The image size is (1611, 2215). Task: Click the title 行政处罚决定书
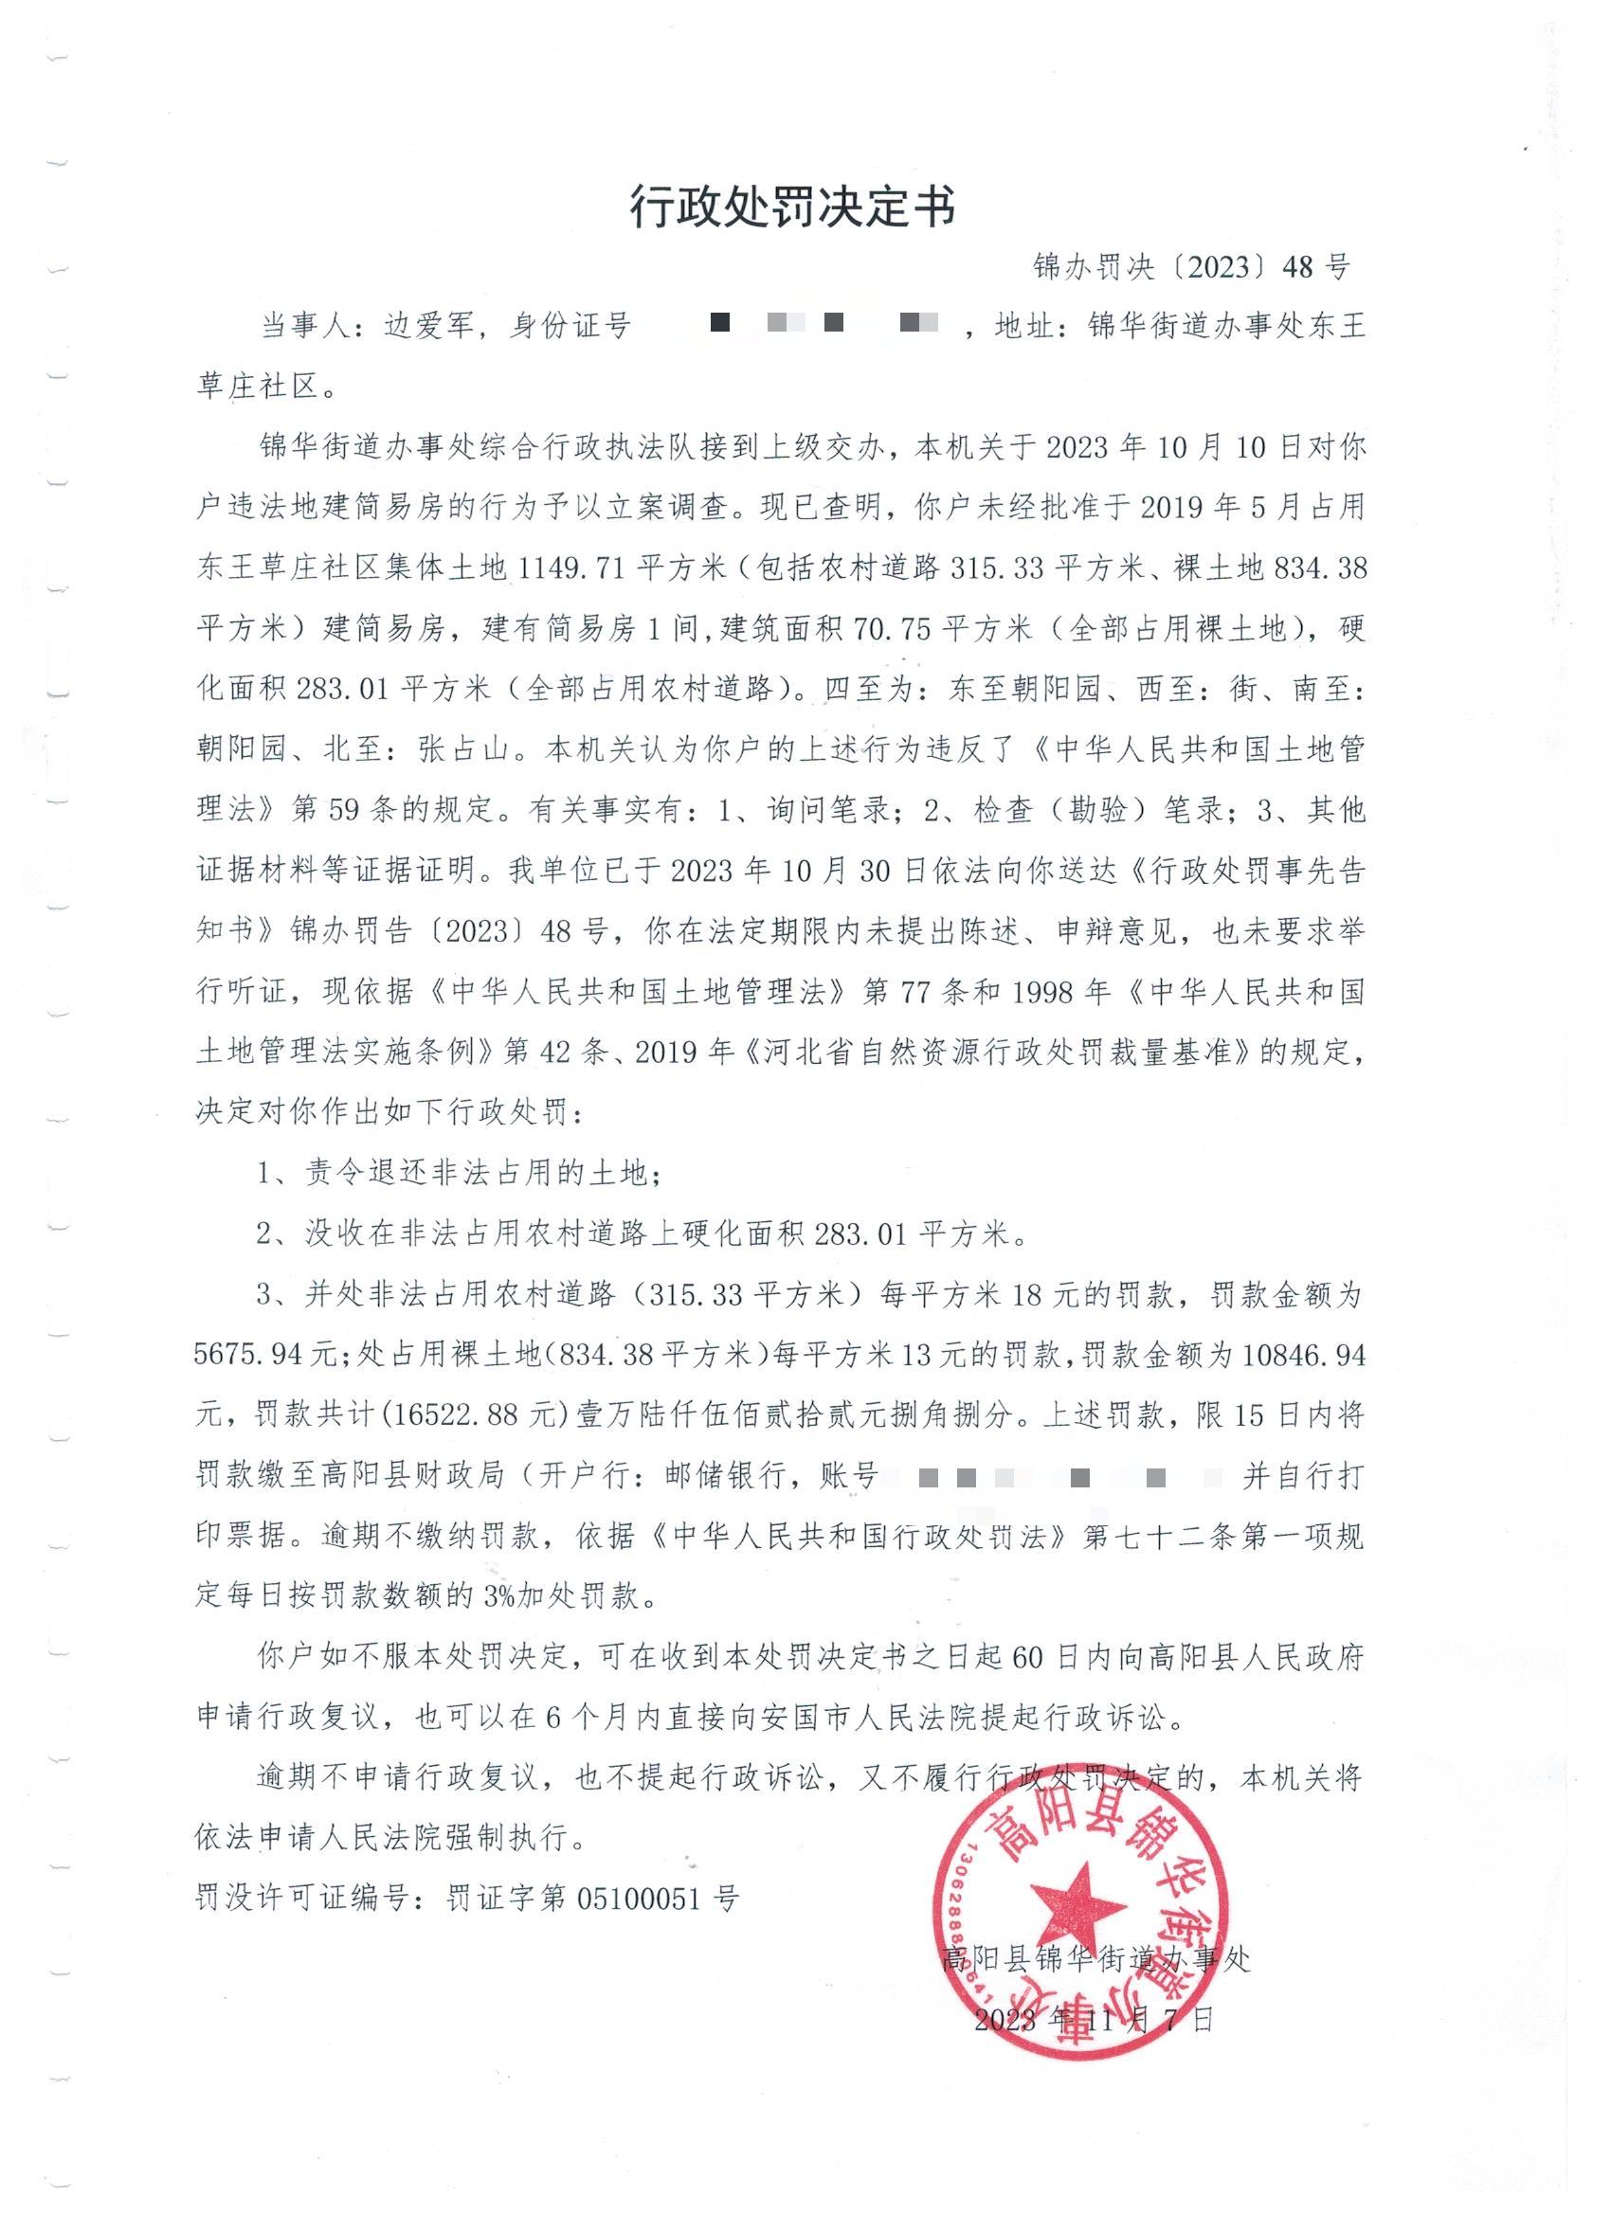pos(792,207)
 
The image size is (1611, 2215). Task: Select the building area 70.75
pos(892,629)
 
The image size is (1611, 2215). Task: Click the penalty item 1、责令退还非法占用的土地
pos(460,1173)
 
